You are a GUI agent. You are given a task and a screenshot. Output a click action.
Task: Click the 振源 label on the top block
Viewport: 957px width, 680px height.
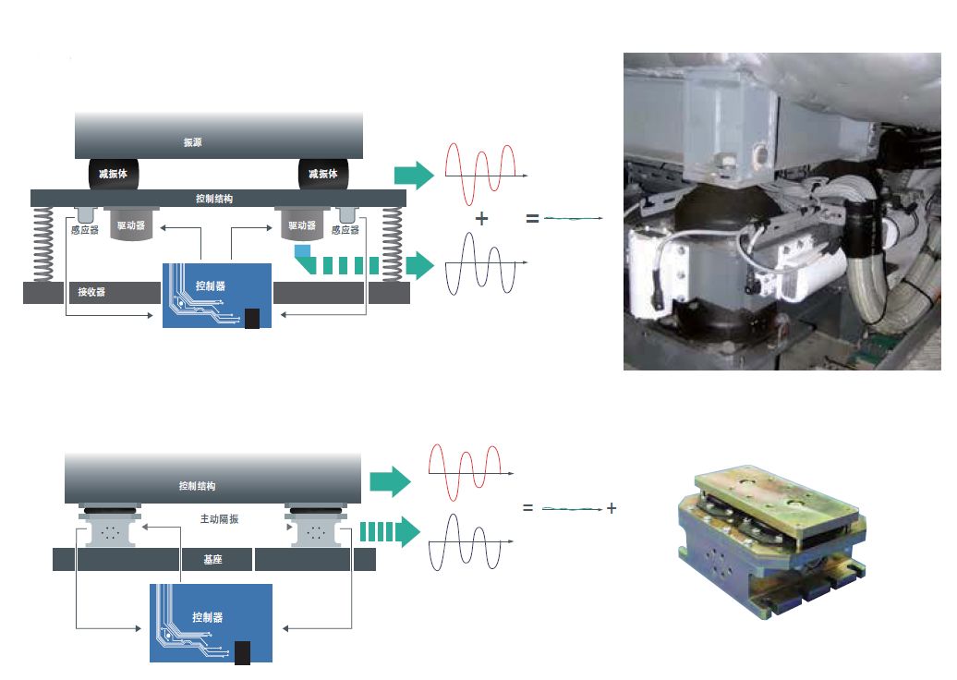(x=192, y=142)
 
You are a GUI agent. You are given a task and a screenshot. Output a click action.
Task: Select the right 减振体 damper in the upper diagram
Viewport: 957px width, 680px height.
(x=322, y=174)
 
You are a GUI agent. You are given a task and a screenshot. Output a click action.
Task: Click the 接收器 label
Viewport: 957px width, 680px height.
(x=91, y=293)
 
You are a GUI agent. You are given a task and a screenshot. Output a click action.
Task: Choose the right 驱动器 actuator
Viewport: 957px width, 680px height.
(x=301, y=225)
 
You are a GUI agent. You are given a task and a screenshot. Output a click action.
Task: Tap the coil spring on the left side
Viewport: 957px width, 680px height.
(x=42, y=243)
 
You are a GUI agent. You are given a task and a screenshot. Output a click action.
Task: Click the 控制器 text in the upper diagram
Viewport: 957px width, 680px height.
(x=211, y=285)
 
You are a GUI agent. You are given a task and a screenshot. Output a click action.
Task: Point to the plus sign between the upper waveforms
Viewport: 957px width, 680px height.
(x=481, y=219)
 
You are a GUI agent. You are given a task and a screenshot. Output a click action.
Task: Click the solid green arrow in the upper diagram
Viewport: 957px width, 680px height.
(x=413, y=175)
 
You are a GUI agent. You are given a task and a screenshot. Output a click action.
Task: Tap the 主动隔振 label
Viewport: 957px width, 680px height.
(x=219, y=519)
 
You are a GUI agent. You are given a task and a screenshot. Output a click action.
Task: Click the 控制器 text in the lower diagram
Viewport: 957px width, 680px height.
(x=207, y=617)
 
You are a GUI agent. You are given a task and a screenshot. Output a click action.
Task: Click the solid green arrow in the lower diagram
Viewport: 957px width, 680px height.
(x=389, y=481)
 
